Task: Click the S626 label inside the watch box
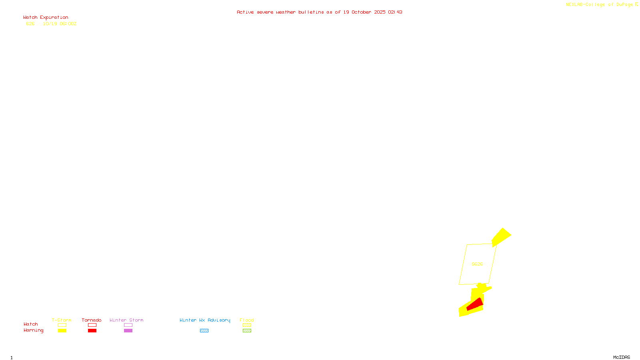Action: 477,264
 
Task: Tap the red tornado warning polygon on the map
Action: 475,305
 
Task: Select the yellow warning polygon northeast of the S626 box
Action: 501,237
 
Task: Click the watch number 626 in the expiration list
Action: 30,24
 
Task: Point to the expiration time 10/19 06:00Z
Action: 60,24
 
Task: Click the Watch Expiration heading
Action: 46,18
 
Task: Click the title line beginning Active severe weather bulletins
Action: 319,12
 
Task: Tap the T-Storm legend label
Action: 62,320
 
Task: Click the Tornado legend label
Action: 92,320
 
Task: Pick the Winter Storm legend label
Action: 126,320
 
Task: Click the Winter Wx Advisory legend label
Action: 205,320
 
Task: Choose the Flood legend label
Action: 247,320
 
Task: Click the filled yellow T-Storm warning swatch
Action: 62,331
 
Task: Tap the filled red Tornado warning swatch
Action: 92,331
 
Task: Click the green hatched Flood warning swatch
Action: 247,331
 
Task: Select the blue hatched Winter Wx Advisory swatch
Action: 204,331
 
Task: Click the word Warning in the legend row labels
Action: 33,330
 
